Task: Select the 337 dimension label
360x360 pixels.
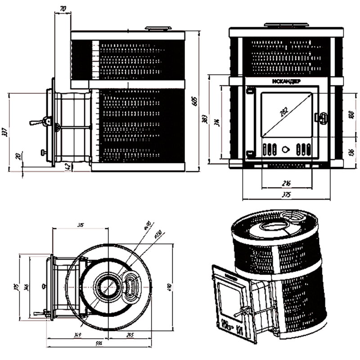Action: tap(5, 131)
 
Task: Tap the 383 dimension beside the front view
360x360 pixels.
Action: tap(205, 119)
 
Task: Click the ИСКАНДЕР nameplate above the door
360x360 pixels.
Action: tap(287, 81)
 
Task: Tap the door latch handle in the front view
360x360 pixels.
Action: tap(321, 117)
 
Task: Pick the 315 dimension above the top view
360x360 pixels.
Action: tap(81, 224)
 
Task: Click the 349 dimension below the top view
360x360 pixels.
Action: tap(79, 335)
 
